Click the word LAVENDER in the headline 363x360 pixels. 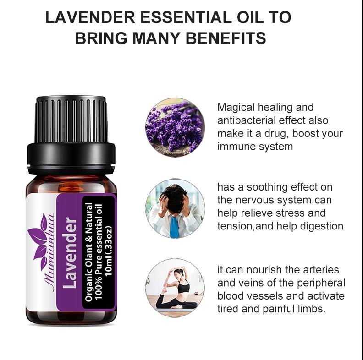point(90,17)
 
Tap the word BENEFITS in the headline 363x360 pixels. point(226,38)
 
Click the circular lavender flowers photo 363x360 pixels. point(175,127)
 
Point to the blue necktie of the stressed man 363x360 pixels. point(174,227)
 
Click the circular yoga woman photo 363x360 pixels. point(175,288)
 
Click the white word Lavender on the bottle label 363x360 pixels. point(70,253)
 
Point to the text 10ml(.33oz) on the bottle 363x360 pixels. point(108,251)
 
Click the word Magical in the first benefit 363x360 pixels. point(236,108)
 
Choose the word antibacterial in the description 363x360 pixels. point(247,120)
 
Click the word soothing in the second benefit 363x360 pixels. point(267,187)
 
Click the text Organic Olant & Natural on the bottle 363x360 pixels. point(88,252)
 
